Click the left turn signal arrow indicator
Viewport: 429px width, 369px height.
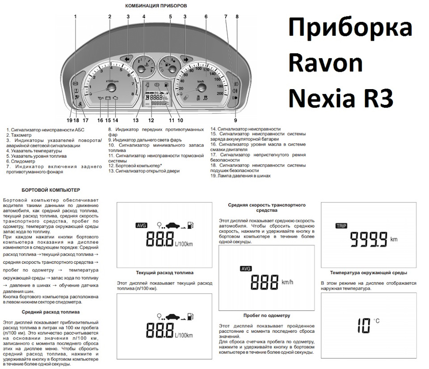(x=128, y=59)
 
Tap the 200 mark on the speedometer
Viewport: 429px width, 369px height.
(x=219, y=94)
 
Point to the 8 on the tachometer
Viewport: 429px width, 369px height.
(x=132, y=94)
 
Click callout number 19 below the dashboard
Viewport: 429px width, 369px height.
(x=69, y=120)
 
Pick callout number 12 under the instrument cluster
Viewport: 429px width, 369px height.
(x=151, y=120)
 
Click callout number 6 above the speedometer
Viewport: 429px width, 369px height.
(x=206, y=17)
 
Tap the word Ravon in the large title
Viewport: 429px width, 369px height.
(x=325, y=64)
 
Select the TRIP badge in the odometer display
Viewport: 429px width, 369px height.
(x=341, y=226)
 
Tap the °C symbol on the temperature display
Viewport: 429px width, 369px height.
(x=376, y=321)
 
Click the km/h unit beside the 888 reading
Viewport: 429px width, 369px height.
(x=287, y=283)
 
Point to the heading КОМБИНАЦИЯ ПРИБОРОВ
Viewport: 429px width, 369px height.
(x=156, y=6)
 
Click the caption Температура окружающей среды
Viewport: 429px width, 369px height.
(x=368, y=273)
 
